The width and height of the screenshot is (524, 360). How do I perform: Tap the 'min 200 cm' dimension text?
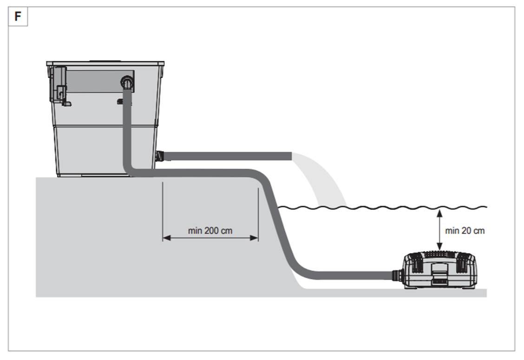point(210,230)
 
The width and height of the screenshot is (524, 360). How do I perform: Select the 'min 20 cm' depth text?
point(465,230)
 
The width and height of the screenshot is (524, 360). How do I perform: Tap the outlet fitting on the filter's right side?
point(161,155)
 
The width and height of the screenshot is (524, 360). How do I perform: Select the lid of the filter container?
point(105,63)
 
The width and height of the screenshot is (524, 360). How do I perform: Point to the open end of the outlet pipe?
point(290,156)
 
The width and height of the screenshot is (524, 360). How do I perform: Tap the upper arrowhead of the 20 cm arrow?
point(439,212)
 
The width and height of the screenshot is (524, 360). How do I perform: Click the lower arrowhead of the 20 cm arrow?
point(439,249)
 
